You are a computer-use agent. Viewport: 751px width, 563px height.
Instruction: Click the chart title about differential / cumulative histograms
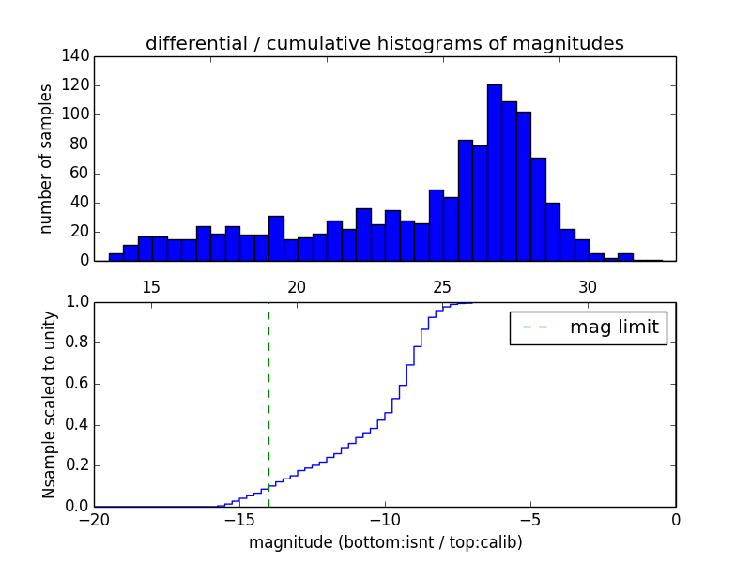tap(384, 44)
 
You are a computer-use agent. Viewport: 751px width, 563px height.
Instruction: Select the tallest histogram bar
tap(494, 173)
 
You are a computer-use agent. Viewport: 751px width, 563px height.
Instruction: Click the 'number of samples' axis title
tap(46, 159)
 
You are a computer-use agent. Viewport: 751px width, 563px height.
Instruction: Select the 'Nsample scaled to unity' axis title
tap(49, 404)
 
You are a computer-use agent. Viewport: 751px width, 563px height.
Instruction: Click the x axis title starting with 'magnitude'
tap(385, 542)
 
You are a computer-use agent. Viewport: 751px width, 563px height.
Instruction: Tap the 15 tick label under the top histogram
tap(151, 286)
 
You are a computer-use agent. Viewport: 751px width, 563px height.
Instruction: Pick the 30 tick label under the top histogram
tap(588, 286)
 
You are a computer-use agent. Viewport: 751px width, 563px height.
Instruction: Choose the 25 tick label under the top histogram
tap(442, 286)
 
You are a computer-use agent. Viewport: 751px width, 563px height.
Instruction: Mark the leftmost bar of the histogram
tap(115, 257)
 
